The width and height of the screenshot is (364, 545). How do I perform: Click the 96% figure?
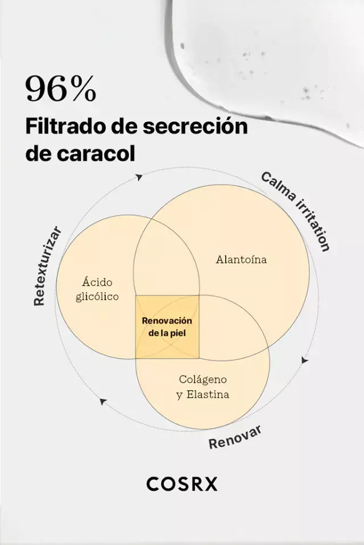click(x=61, y=89)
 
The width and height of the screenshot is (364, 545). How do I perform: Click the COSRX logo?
click(x=182, y=484)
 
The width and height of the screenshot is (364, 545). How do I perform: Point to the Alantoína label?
click(x=241, y=259)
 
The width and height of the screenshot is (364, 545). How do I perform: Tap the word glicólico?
click(x=97, y=297)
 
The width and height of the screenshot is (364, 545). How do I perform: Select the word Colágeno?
click(x=202, y=379)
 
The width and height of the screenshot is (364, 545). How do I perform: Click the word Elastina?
click(x=208, y=395)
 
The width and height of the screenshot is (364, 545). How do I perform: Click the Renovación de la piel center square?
click(x=167, y=327)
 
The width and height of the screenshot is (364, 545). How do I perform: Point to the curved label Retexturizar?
click(x=48, y=267)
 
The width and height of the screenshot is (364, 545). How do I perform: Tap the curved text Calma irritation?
click(x=295, y=211)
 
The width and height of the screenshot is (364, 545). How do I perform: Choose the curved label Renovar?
click(x=234, y=437)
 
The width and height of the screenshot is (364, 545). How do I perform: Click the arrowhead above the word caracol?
click(x=139, y=177)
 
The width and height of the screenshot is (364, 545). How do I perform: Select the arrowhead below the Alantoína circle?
click(x=305, y=360)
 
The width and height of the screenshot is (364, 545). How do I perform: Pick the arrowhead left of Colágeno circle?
click(x=102, y=401)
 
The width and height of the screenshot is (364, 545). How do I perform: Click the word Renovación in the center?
click(x=167, y=321)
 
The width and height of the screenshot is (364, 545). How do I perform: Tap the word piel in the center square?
click(x=179, y=333)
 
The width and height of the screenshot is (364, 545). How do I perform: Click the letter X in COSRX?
click(x=210, y=484)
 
